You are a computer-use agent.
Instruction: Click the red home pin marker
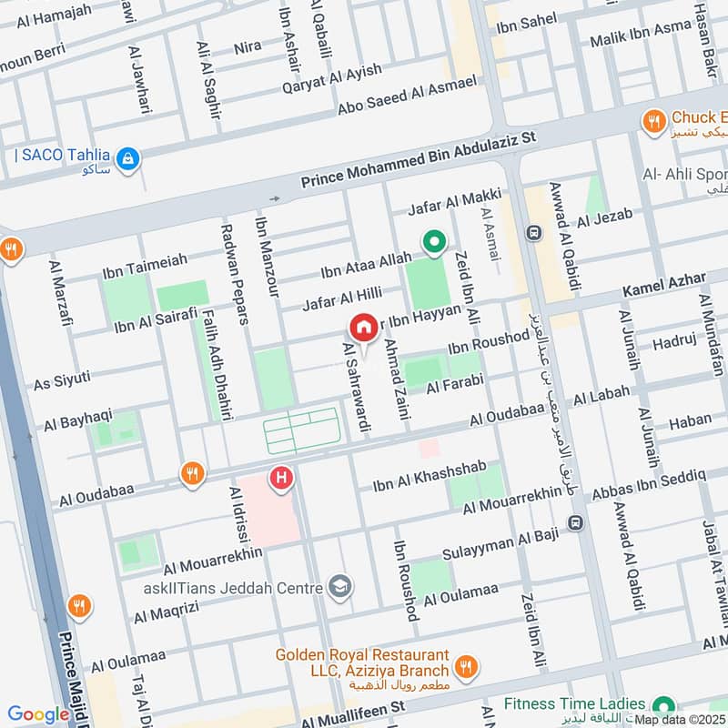click(363, 328)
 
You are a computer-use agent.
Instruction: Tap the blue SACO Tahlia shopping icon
click(130, 157)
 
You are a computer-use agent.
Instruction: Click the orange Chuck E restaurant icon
click(652, 119)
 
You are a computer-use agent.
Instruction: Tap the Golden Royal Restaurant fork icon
click(466, 668)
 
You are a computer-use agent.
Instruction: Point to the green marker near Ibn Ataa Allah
click(434, 242)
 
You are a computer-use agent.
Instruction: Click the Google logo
click(38, 714)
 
